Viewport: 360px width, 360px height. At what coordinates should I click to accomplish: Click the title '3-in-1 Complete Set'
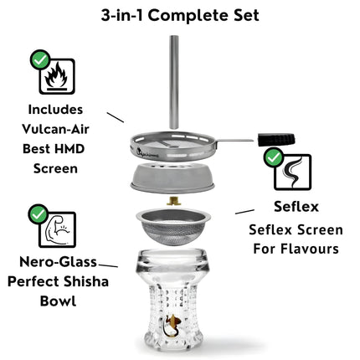[x=180, y=15]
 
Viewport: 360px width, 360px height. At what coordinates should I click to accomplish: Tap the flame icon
[x=57, y=76]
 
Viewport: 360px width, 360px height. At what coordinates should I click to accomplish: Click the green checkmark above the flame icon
[x=40, y=59]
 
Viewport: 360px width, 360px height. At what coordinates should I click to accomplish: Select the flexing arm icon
[x=58, y=229]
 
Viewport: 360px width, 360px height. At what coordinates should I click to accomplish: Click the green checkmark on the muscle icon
[x=39, y=214]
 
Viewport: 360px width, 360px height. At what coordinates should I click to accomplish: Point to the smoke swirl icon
[x=293, y=172]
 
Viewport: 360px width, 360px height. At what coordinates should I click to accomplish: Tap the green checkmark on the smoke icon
[x=274, y=157]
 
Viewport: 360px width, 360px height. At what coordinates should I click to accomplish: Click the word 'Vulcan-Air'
[x=55, y=129]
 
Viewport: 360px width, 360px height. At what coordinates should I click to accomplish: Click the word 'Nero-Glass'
[x=59, y=262]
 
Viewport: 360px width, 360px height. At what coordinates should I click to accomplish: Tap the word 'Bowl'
[x=58, y=301]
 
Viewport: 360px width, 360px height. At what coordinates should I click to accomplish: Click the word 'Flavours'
[x=310, y=249]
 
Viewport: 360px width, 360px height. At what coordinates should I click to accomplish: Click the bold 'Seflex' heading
[x=296, y=207]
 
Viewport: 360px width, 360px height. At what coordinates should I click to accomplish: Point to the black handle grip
[x=276, y=140]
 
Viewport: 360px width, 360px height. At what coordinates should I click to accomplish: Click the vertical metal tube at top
[x=174, y=82]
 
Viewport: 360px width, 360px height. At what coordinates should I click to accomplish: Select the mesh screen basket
[x=173, y=226]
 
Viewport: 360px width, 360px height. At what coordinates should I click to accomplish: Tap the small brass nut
[x=173, y=201]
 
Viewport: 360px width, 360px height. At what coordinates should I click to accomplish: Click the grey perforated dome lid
[x=172, y=178]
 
